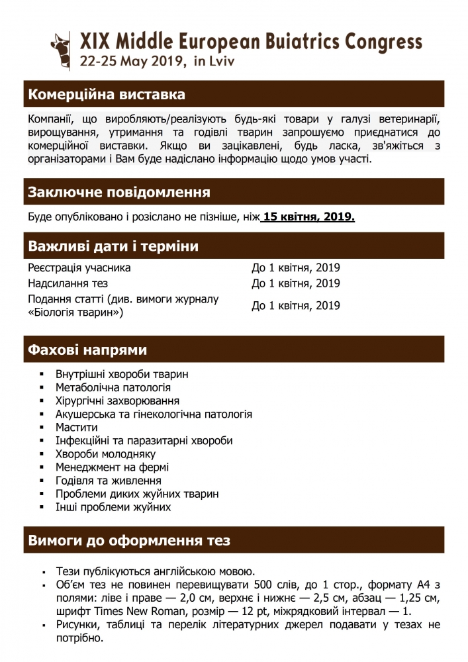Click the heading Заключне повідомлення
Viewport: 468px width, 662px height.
(119, 193)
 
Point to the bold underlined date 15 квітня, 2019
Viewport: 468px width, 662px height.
(308, 217)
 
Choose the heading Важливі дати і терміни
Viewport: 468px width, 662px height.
(113, 247)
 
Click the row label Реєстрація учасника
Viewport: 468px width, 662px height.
(79, 268)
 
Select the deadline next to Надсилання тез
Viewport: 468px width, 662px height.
(296, 283)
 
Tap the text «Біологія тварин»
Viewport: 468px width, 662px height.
(76, 312)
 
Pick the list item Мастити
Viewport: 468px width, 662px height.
(77, 428)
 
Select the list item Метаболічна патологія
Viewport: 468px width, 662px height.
(113, 388)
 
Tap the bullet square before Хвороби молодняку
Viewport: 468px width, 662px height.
(42, 454)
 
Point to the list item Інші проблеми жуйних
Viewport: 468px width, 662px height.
(113, 507)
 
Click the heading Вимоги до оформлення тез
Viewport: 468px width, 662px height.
(129, 541)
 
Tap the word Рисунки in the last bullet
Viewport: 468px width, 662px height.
(78, 624)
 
